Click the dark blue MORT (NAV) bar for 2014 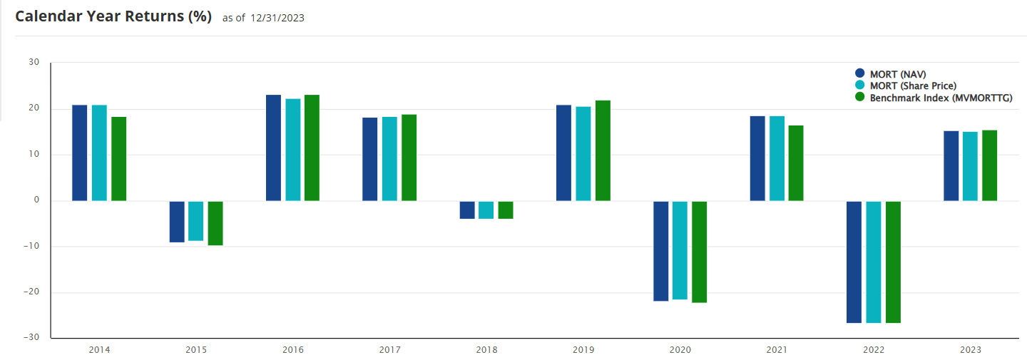point(79,153)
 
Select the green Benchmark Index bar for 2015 point(215,223)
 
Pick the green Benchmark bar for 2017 point(409,158)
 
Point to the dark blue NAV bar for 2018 point(467,210)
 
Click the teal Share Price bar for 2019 point(583,153)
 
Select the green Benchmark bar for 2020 point(699,252)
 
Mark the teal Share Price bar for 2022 point(874,262)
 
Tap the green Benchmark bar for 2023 point(989,165)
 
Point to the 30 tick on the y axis point(34,62)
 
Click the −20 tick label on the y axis point(31,292)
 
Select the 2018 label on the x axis point(487,350)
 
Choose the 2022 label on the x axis point(874,350)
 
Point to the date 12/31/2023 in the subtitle point(277,19)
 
